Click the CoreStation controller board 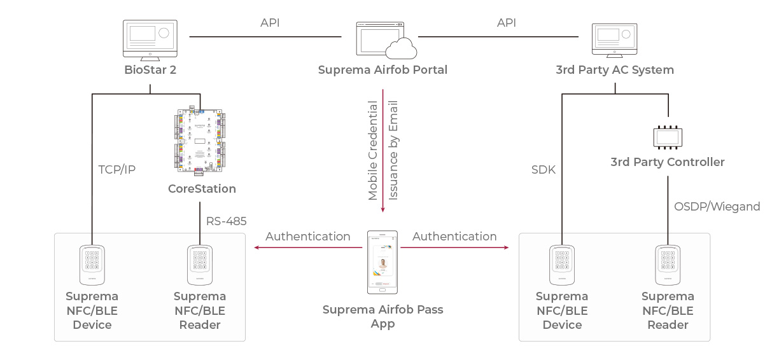200,141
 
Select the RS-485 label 226,221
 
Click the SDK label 544,170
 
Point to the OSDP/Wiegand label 717,206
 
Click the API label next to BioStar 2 270,23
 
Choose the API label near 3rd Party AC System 507,23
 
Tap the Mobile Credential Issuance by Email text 383,151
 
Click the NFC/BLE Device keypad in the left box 92,265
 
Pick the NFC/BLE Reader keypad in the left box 200,265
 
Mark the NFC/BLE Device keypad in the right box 562,265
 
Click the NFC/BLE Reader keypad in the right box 668,265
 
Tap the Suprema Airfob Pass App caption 382,317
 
